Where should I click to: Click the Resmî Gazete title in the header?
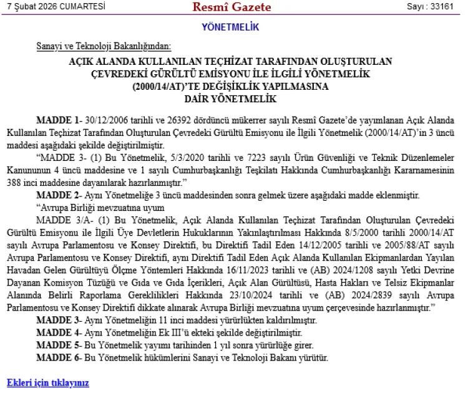point(232,7)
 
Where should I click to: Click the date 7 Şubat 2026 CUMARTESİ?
point(55,7)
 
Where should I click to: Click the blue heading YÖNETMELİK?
point(230,27)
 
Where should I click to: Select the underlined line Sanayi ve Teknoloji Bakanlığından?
point(103,47)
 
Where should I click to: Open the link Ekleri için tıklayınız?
point(48,382)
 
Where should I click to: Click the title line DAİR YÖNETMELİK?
point(230,98)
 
